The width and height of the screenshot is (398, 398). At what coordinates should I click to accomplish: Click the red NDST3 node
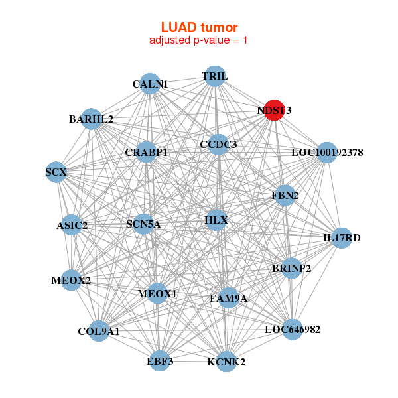[274, 111]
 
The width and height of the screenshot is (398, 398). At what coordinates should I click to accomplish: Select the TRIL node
[214, 76]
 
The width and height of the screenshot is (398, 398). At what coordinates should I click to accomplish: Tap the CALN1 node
[151, 84]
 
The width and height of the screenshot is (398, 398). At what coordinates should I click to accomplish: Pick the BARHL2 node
[91, 119]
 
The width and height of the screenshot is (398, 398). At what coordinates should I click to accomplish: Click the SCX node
[56, 173]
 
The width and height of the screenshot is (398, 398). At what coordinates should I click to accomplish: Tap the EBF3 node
[160, 361]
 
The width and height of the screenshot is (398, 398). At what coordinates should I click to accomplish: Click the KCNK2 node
[226, 362]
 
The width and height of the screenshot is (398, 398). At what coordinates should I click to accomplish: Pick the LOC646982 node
[292, 329]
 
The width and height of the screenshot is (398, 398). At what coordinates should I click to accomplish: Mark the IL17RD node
[341, 237]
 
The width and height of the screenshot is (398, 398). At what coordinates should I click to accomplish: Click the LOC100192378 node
[327, 153]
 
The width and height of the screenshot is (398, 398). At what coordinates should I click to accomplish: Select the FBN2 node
[285, 196]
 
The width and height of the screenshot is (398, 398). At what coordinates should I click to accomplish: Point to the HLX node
[216, 220]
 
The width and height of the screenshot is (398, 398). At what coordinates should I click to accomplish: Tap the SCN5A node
[143, 224]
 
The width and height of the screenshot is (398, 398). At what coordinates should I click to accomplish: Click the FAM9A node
[229, 298]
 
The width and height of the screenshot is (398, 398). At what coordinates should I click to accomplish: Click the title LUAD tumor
[199, 27]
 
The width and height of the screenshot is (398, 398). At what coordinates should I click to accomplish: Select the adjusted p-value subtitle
[199, 40]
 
